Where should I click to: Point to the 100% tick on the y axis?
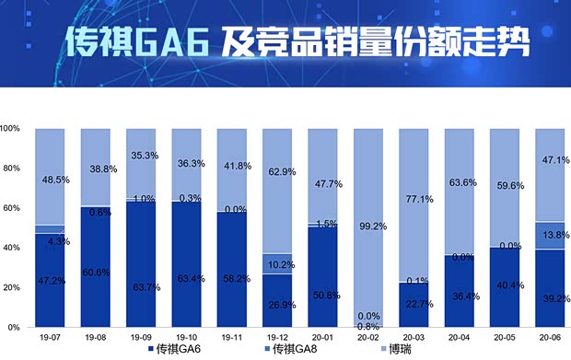12,129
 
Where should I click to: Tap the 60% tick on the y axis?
12,208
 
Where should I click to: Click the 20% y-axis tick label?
12,287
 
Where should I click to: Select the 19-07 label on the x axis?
50,338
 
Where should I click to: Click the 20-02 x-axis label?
367,338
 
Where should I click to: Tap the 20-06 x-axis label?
549,338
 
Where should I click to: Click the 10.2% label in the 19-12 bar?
279,263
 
